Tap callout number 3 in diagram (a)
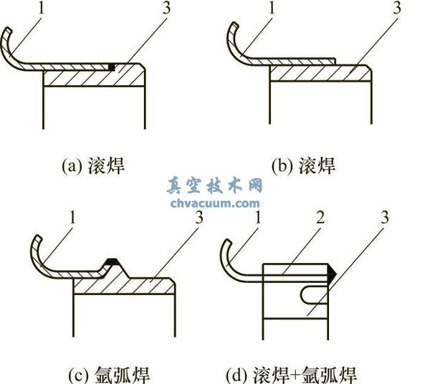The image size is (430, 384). pos(166,11)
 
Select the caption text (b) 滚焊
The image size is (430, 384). pos(303,166)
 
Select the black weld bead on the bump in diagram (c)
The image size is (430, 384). pos(111,261)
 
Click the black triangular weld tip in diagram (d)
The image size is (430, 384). pos(332,273)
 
